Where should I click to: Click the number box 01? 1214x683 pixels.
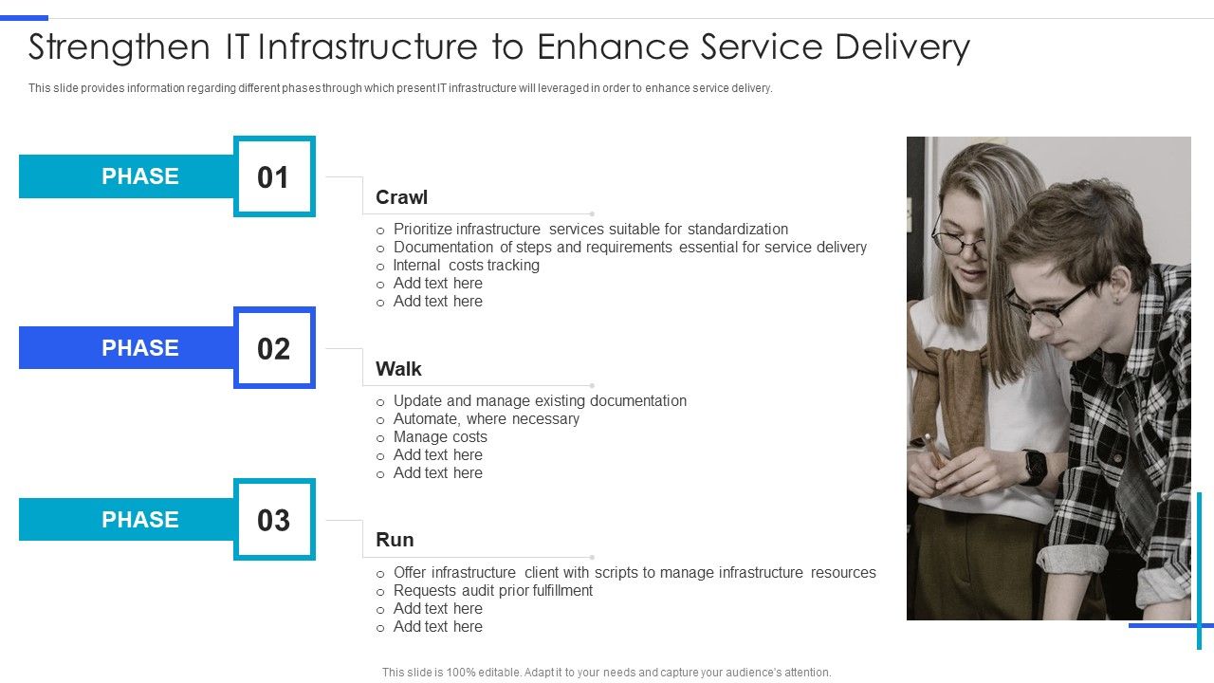274,177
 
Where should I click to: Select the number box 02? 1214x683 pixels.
274,348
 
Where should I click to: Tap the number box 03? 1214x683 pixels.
274,520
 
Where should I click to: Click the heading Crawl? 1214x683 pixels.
401,197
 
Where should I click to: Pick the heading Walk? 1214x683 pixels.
398,369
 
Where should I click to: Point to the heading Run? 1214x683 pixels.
395,540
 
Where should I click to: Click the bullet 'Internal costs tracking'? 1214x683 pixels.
466,266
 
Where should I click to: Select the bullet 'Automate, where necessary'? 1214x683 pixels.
486,419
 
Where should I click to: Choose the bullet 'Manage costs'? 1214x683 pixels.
440,437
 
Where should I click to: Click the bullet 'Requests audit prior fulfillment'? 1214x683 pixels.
492,591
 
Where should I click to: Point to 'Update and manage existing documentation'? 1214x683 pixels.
540,401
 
